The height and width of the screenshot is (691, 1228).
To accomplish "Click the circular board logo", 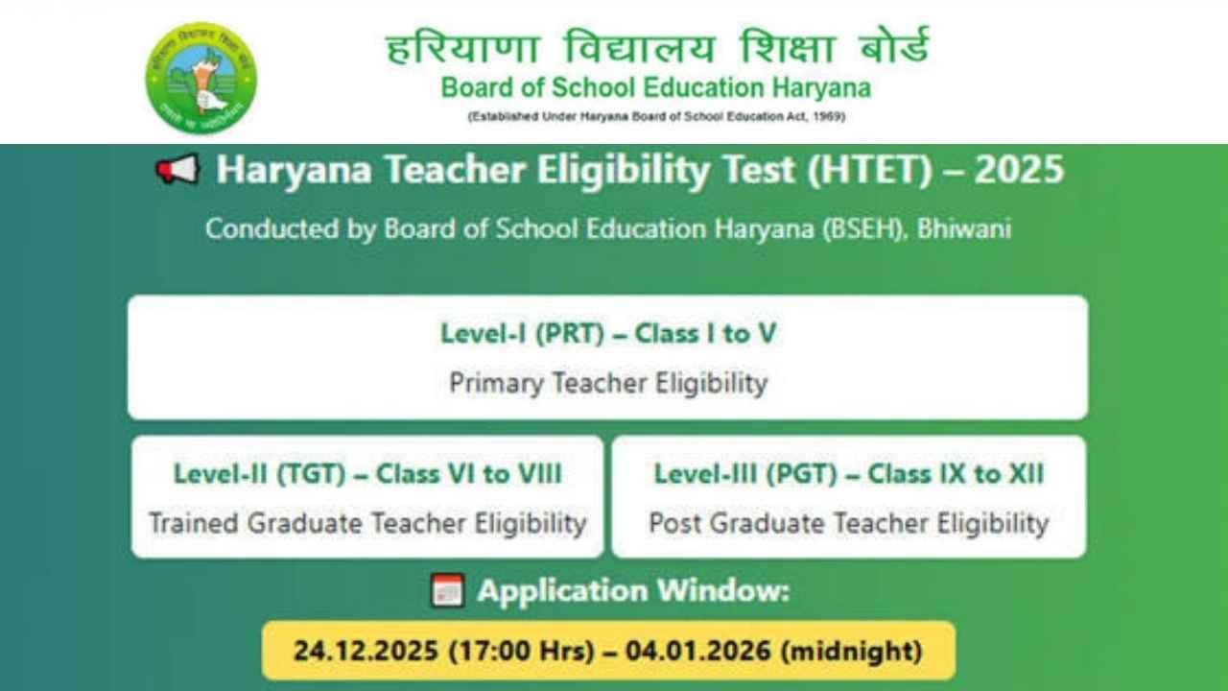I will tap(201, 78).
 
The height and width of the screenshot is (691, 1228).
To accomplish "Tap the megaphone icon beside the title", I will tap(177, 171).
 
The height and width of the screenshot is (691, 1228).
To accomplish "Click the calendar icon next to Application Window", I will tap(448, 590).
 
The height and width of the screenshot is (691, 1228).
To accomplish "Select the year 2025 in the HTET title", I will tap(1019, 170).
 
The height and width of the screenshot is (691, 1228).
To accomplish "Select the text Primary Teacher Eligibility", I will tap(608, 383).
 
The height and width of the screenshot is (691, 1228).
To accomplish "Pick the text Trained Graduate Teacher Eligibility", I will tap(367, 523).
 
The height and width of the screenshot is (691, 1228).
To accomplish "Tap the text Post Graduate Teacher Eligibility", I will tap(849, 523).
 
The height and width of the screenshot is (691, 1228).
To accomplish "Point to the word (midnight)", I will tap(851, 651).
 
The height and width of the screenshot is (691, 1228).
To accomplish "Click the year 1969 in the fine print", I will tap(829, 117).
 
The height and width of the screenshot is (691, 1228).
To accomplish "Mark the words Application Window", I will tap(633, 590).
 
